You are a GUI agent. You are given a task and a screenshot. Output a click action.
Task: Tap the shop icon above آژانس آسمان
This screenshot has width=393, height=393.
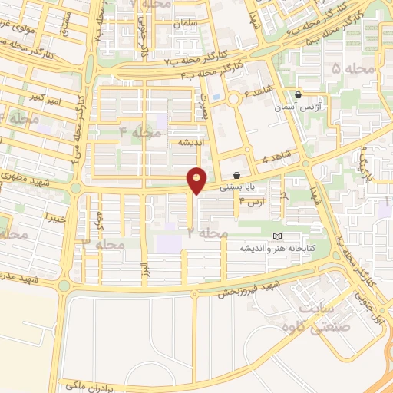[299, 95]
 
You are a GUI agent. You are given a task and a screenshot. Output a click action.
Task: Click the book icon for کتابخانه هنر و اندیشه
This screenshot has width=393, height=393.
[278, 236]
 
